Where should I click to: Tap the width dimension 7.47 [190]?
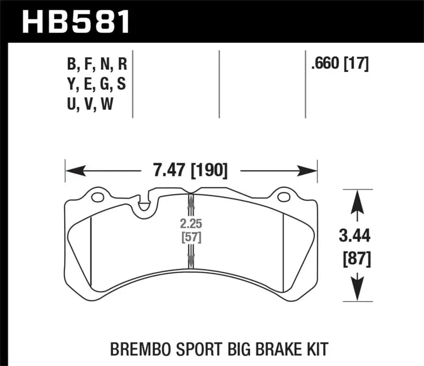tap(191, 171)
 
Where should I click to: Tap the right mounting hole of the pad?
tap(285, 198)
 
